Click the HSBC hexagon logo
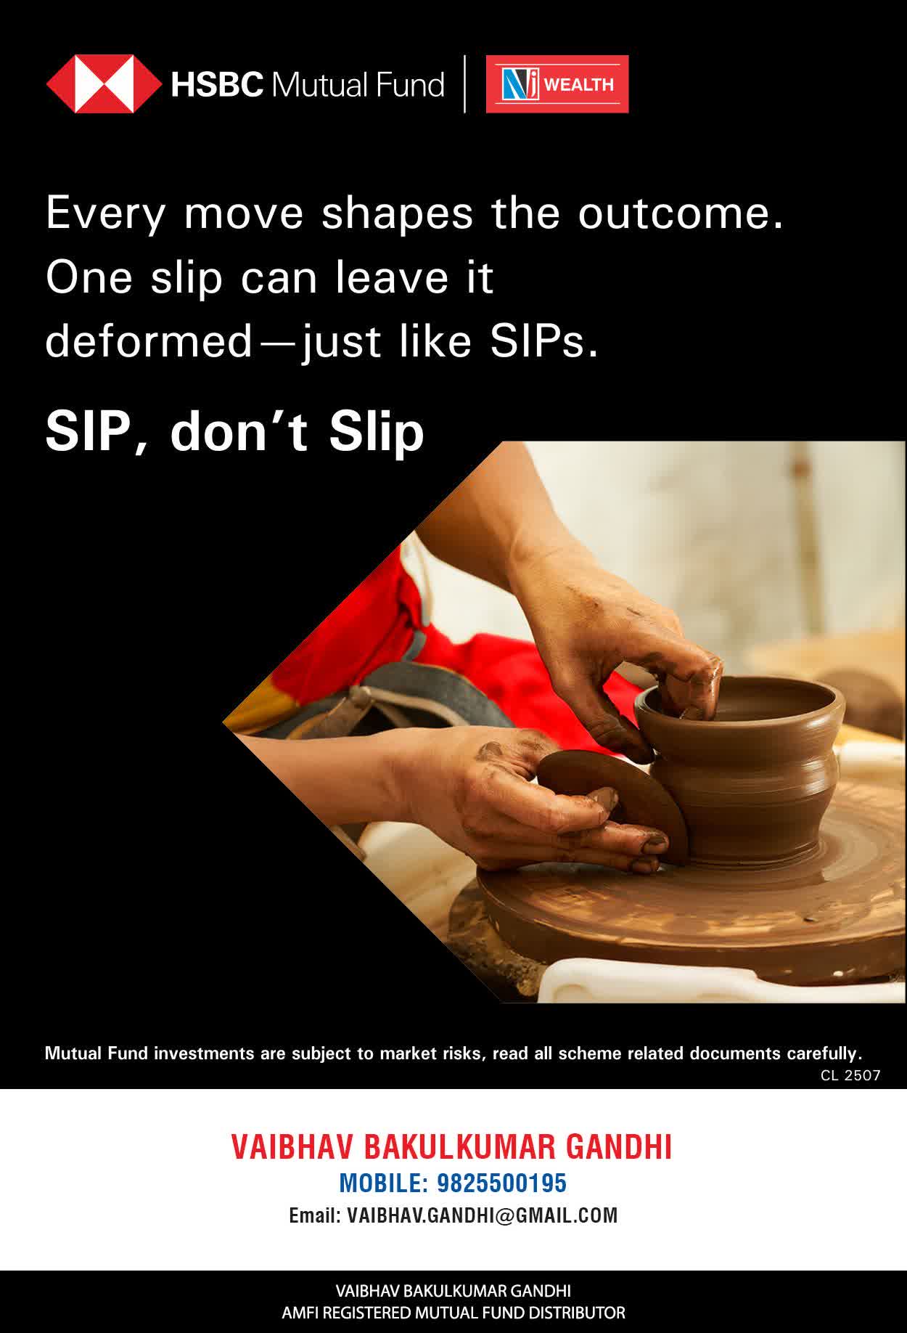(104, 84)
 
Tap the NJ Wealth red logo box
(557, 84)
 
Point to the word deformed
(149, 341)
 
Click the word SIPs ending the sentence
(543, 342)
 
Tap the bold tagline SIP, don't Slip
(234, 432)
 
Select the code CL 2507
(850, 1075)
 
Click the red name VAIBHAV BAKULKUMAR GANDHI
(451, 1147)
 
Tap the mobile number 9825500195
(501, 1183)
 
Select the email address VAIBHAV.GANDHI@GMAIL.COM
(483, 1215)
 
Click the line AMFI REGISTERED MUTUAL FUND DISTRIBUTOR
(453, 1313)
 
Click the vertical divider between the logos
(464, 84)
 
